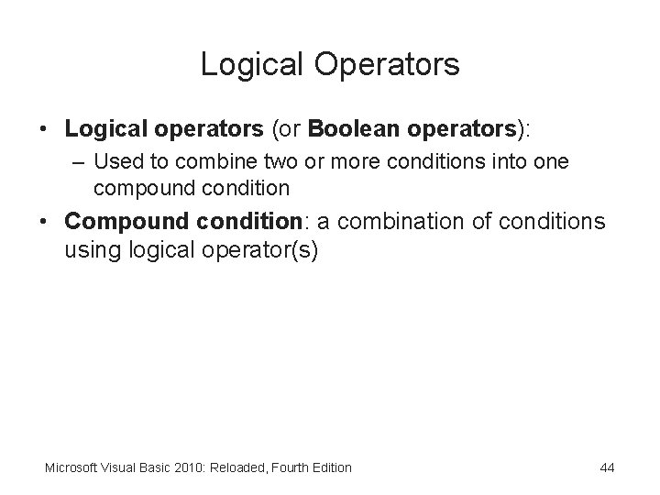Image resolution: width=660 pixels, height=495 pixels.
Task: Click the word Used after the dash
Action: point(115,162)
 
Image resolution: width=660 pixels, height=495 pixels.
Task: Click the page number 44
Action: point(607,467)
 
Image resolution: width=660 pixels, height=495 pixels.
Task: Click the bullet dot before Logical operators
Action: point(44,130)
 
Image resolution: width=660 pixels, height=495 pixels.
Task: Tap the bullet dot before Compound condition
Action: point(44,222)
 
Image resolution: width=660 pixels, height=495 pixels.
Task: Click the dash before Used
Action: point(80,162)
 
